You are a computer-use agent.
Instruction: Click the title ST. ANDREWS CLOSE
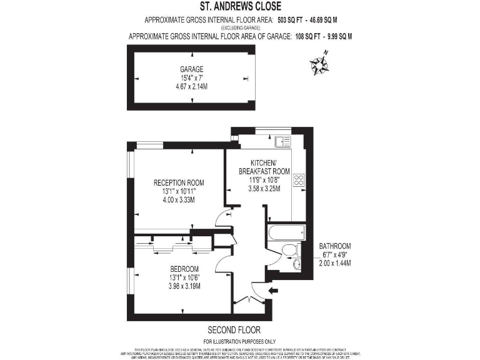coord(240,7)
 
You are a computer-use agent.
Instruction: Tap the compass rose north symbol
coord(319,63)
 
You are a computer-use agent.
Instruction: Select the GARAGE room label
coord(192,69)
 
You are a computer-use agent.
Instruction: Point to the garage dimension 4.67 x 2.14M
coord(192,86)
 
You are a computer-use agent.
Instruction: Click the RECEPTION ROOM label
coord(179,183)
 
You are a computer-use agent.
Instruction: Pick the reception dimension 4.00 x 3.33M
coord(179,200)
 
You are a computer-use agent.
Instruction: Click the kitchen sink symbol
coord(277,141)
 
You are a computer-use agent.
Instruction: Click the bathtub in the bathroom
coord(281,234)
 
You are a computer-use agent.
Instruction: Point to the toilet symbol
coord(289,250)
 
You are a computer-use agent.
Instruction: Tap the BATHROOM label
coord(334,246)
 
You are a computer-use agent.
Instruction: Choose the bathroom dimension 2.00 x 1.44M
coord(334,263)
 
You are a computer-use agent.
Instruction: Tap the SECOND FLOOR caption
coord(234,329)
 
